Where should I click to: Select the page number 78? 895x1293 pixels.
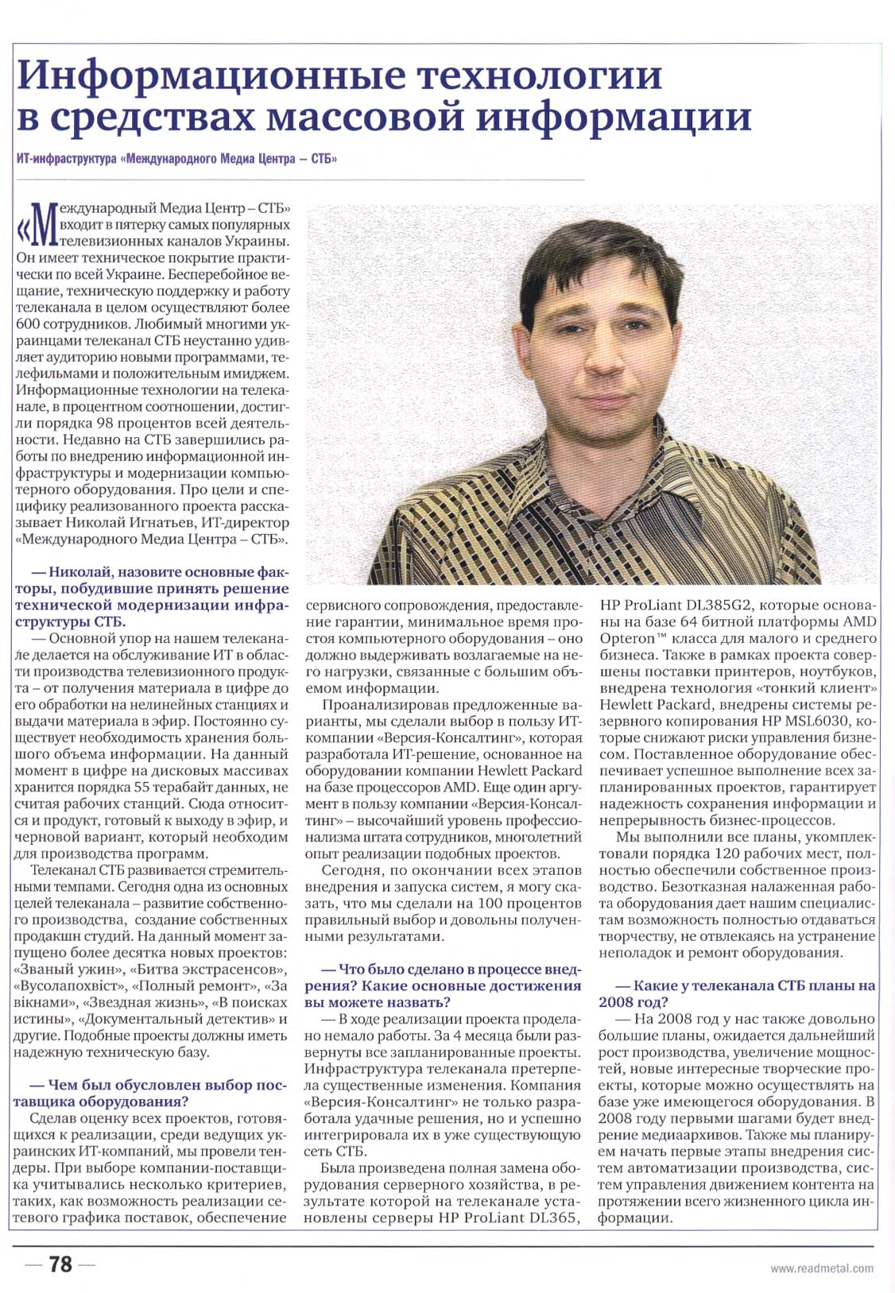tap(60, 1264)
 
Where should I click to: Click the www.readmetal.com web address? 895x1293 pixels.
tap(821, 1268)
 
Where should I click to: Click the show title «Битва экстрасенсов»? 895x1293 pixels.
tap(207, 970)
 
